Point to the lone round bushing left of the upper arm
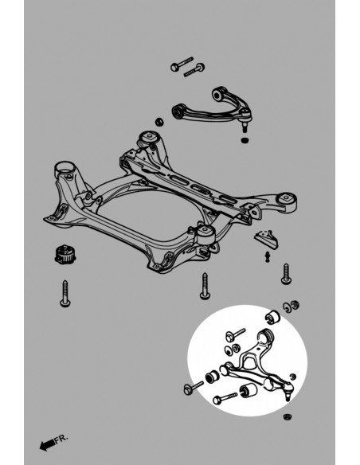pyautogui.click(x=158, y=122)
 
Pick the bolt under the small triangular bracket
pyautogui.click(x=285, y=275)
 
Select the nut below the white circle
pyautogui.click(x=287, y=416)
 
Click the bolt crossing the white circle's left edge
pyautogui.click(x=193, y=388)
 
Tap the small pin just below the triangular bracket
pyautogui.click(x=268, y=256)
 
